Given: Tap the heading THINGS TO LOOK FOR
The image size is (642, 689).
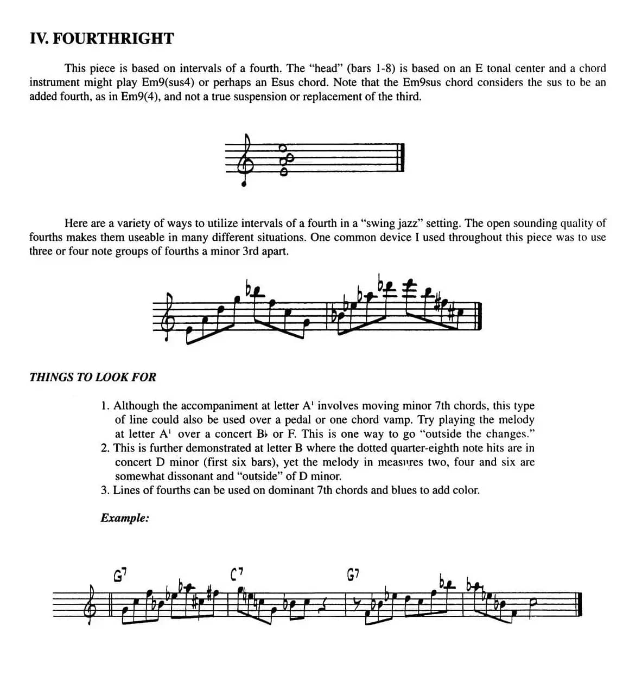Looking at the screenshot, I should click(x=93, y=377).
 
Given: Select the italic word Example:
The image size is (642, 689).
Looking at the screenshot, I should click(x=125, y=518).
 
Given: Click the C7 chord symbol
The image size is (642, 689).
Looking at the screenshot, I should click(x=237, y=573).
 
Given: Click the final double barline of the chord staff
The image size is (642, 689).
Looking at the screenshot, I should click(x=401, y=158).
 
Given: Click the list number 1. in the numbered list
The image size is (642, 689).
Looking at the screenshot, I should click(x=105, y=406).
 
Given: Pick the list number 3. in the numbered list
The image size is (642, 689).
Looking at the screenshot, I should click(x=105, y=490).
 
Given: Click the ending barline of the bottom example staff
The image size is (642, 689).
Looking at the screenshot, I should click(x=580, y=603).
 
